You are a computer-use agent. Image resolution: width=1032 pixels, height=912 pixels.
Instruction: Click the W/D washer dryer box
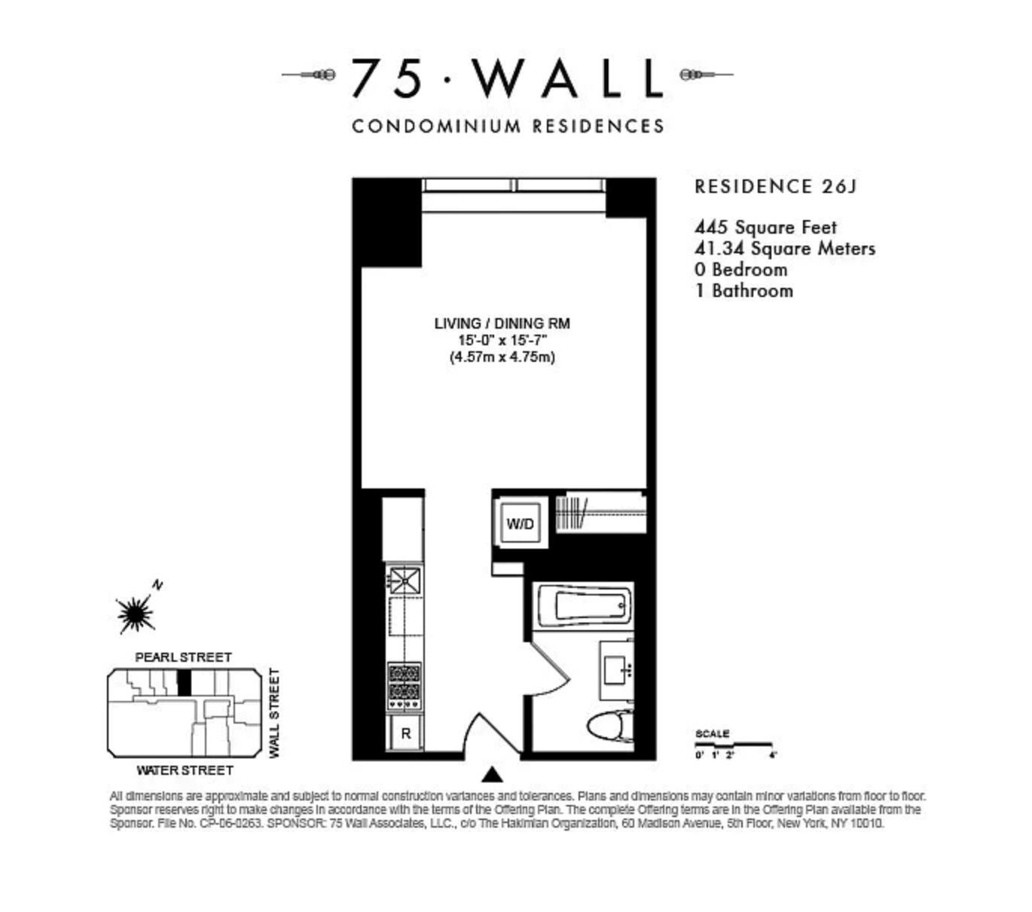[x=520, y=524]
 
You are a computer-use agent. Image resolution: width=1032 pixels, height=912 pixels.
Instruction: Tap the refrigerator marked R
[x=405, y=733]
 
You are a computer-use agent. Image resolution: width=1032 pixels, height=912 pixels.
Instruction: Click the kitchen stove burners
[x=404, y=685]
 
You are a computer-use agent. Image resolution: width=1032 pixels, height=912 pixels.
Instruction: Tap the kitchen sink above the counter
[x=404, y=581]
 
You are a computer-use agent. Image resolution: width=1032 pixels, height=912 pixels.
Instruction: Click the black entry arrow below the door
[x=492, y=774]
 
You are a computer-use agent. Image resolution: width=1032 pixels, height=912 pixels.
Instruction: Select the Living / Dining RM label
[x=502, y=323]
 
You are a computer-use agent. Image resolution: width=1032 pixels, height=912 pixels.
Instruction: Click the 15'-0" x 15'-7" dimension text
[x=502, y=340]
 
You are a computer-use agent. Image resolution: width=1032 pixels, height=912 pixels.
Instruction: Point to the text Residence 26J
[x=775, y=186]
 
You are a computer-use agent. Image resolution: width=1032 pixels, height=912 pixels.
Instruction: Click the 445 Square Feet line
[x=765, y=227]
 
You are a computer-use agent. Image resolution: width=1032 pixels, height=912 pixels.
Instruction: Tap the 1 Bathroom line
[x=743, y=291]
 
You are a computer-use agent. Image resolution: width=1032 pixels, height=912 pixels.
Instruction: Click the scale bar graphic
[x=734, y=745]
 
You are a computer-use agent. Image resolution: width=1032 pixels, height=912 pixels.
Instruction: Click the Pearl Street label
[x=183, y=657]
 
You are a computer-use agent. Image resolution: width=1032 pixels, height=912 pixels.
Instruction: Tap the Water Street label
[x=185, y=770]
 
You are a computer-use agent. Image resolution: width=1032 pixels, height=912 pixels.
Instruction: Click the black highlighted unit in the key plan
[x=184, y=683]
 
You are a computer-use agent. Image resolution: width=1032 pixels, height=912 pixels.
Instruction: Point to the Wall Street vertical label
[x=274, y=713]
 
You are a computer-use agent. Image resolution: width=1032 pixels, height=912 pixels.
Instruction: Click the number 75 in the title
[x=386, y=78]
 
